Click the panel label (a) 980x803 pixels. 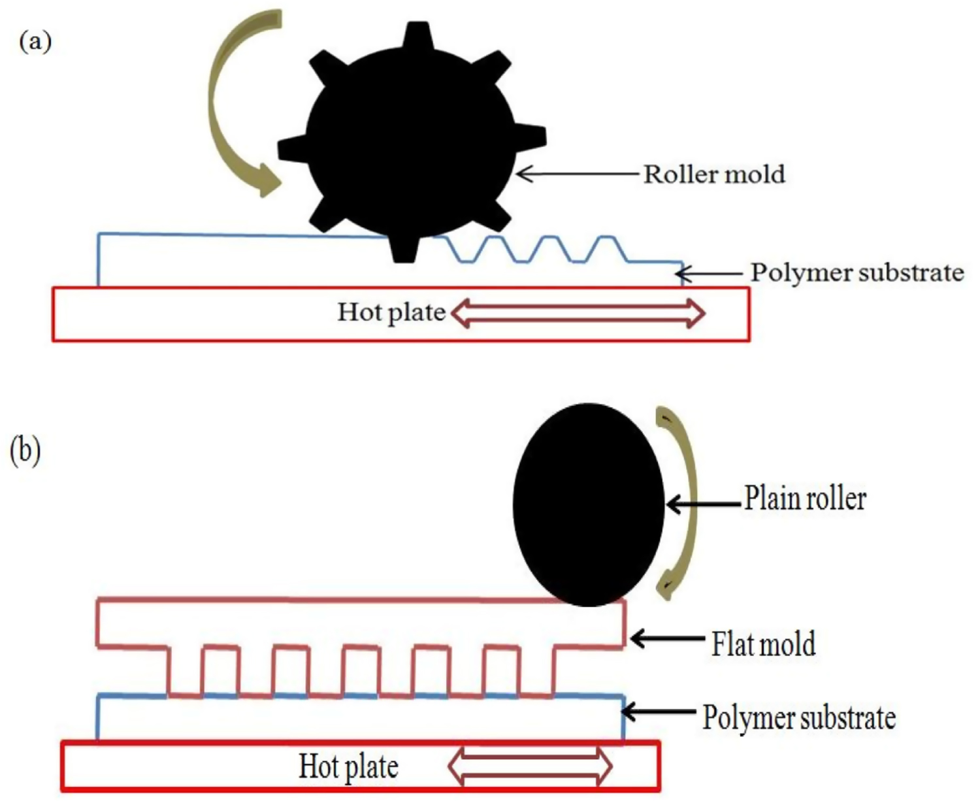point(35,42)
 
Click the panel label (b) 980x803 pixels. point(25,451)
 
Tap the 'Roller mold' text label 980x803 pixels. point(714,174)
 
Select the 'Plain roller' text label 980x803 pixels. point(805,499)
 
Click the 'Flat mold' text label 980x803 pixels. point(763,644)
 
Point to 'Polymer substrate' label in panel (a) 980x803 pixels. point(857,272)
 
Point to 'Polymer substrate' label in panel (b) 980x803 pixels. point(798,717)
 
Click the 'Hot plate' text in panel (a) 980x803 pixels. point(391,312)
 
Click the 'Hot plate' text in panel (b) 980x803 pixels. point(348,766)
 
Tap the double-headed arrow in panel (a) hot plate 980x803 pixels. point(578,313)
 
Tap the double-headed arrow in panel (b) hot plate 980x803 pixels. point(530,766)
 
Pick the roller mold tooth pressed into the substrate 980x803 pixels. point(404,248)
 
